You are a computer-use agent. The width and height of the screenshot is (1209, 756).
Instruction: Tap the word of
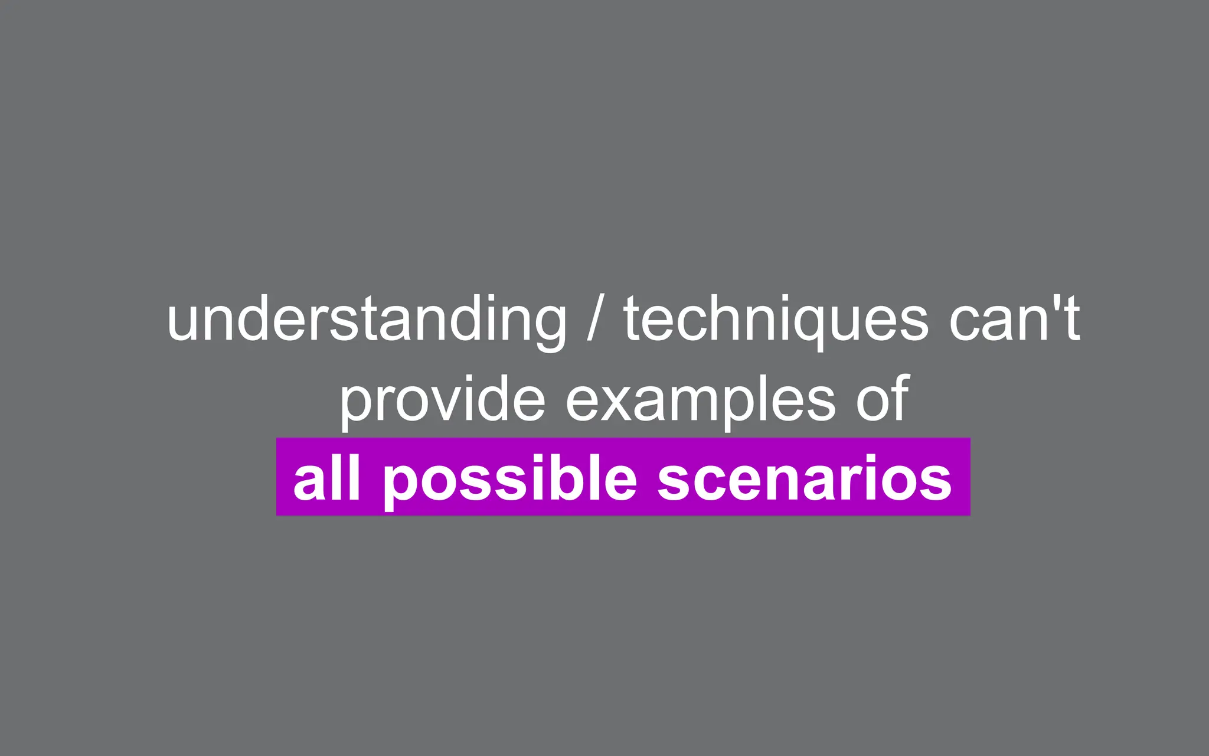(x=883, y=399)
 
